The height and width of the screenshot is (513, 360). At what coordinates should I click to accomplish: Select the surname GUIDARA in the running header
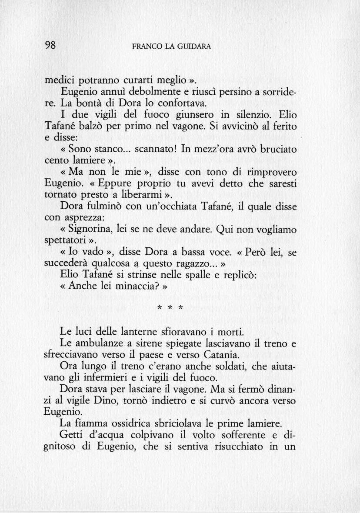(x=195, y=46)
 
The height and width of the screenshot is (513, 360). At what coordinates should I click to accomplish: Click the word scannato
(x=154, y=149)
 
